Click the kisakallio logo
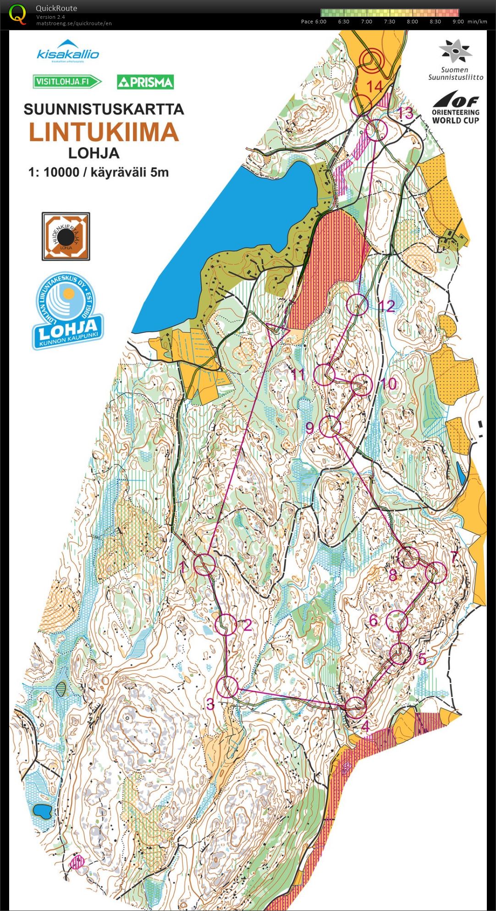coord(68,51)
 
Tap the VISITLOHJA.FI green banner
coord(66,82)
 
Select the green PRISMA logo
coord(145,82)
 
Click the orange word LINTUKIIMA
coord(104,132)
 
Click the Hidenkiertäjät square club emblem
coord(66,236)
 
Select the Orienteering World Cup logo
coord(455,108)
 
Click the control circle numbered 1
coord(205,564)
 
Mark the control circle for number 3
coord(227,687)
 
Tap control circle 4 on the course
coord(356,707)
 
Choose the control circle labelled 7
coord(436,572)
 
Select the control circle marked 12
coord(358,305)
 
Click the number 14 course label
coord(374,86)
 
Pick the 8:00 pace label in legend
coord(412,22)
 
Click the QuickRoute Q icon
coord(17,14)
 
